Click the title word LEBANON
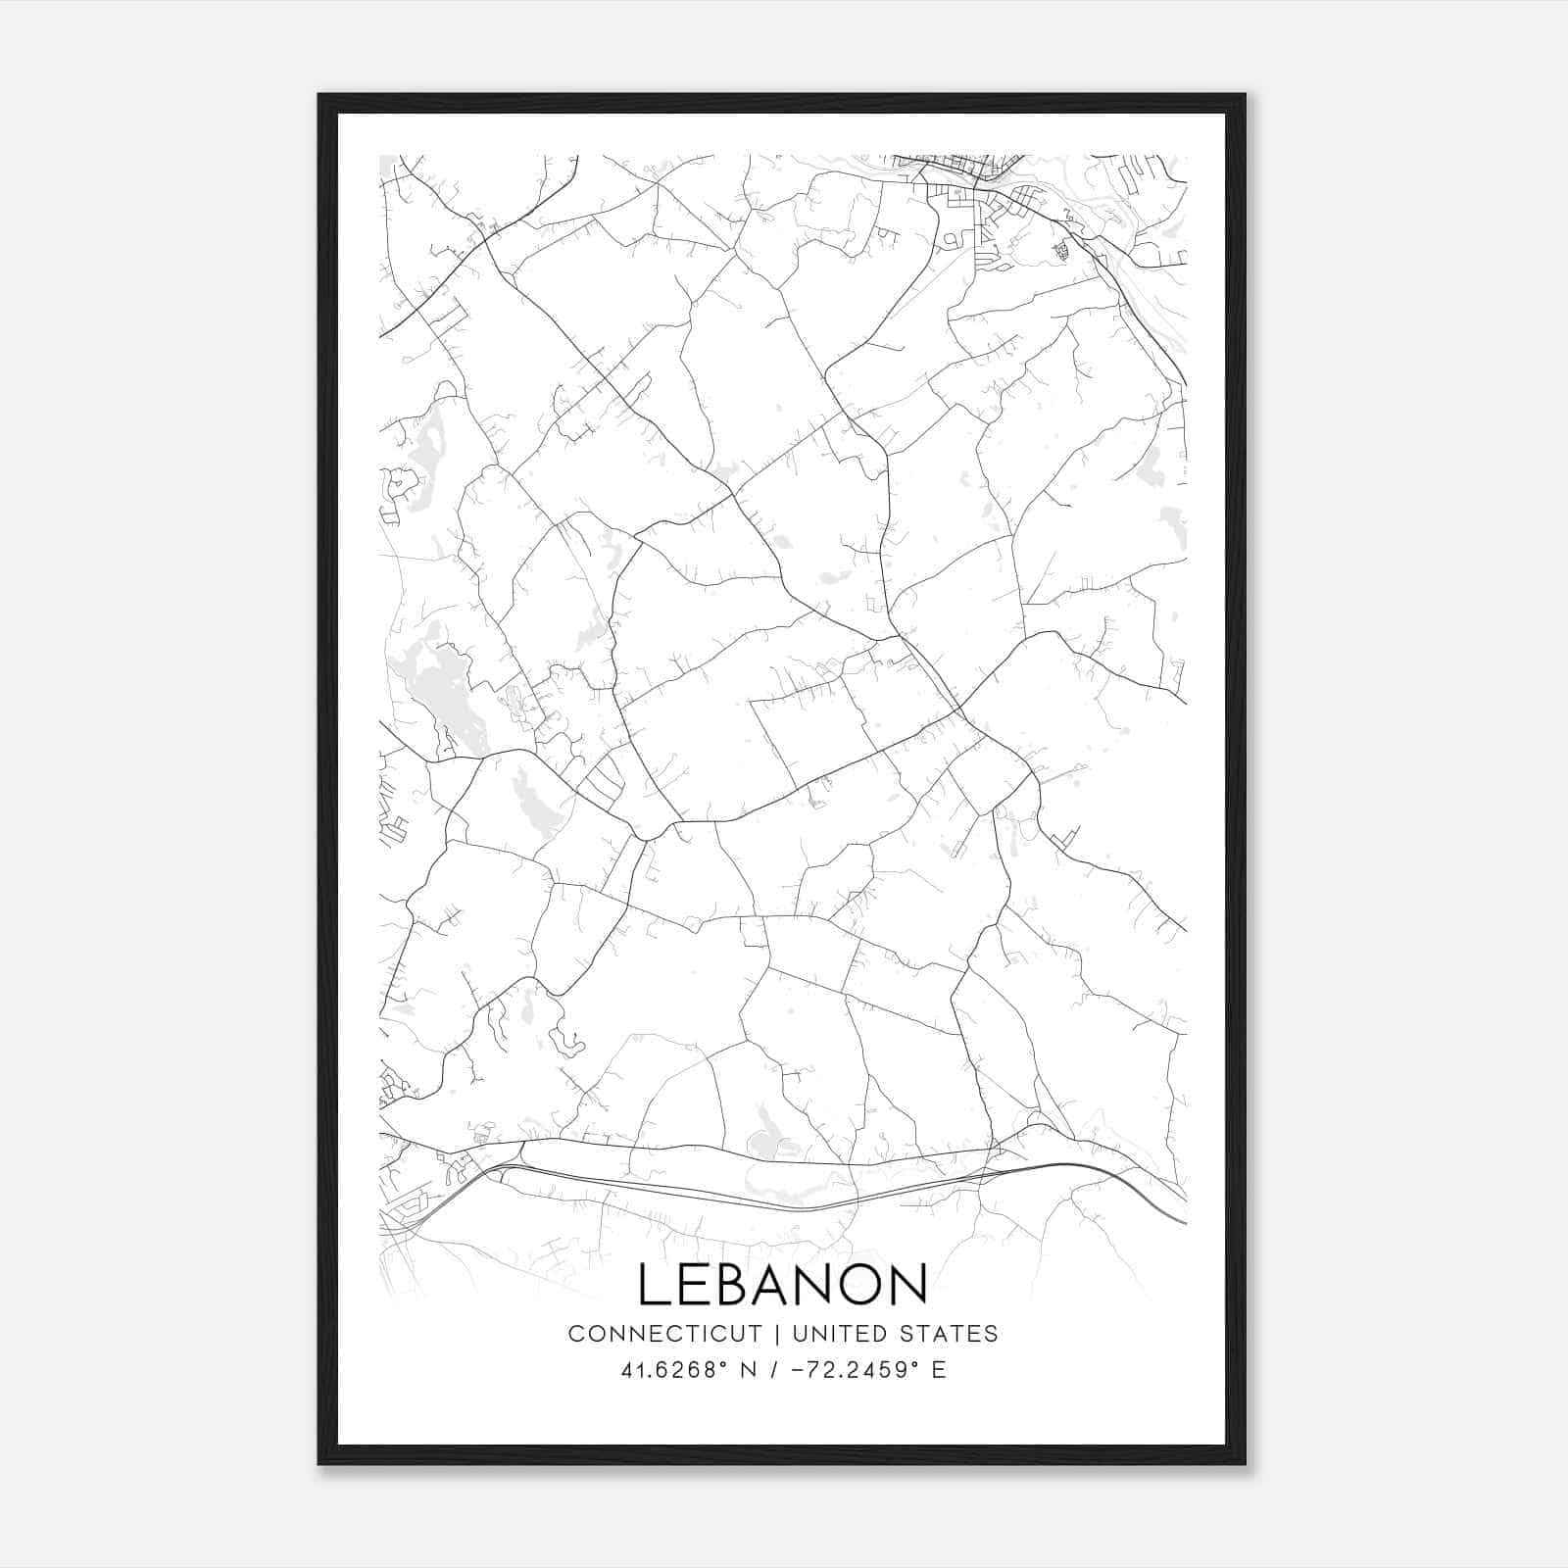tap(783, 1284)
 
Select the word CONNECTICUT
tap(664, 1334)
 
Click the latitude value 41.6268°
tap(672, 1370)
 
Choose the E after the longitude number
tap(939, 1370)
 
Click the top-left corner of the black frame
tap(319, 95)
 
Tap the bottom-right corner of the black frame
tap(1245, 1463)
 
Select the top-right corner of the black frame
tap(1245, 95)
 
